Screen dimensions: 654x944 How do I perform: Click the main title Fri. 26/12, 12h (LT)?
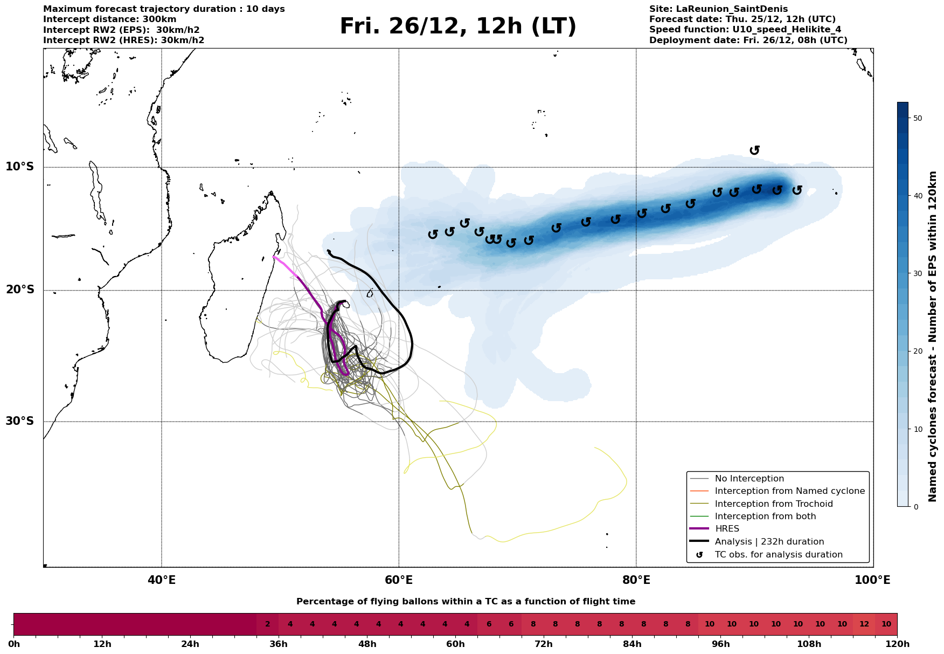[458, 26]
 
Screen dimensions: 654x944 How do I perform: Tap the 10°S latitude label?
[20, 167]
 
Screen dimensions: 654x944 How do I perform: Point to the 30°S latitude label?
[20, 421]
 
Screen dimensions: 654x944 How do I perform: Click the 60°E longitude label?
[399, 581]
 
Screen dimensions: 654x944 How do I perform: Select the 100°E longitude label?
[872, 581]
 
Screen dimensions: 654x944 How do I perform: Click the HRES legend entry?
[727, 529]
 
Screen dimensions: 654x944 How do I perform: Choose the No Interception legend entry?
[749, 479]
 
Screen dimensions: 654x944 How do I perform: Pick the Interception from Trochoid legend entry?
[773, 504]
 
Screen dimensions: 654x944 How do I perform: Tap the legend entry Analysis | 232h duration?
[769, 542]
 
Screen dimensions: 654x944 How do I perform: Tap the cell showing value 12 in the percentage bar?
[864, 624]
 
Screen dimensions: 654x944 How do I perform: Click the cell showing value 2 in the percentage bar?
[267, 624]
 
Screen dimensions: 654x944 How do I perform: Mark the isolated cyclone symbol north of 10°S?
[754, 150]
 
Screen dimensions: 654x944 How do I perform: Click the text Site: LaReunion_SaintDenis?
[718, 9]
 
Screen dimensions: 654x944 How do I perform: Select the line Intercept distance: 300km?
[110, 19]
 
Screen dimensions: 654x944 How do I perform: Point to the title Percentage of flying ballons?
[466, 602]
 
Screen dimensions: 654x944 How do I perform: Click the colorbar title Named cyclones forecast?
[933, 336]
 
